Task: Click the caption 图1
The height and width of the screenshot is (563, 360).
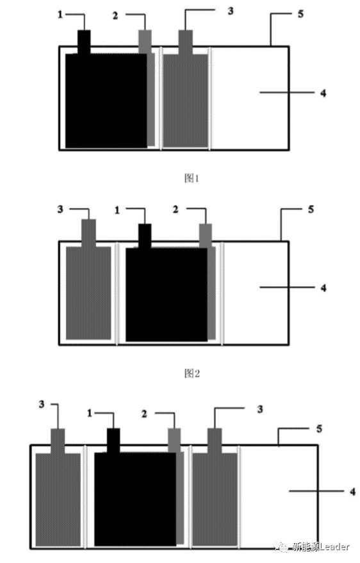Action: (192, 177)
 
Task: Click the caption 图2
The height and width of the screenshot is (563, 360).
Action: (192, 373)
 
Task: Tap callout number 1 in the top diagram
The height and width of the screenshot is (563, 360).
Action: (60, 15)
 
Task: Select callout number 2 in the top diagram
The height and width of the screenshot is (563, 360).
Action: (115, 16)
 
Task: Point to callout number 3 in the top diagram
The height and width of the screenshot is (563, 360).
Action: (231, 11)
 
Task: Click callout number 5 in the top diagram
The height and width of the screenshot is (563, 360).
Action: (300, 14)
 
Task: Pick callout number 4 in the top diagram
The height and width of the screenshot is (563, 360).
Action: (323, 93)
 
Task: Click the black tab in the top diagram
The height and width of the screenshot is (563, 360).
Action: (84, 42)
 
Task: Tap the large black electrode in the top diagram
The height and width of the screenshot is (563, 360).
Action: (106, 101)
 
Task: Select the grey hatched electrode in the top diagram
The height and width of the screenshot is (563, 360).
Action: (186, 101)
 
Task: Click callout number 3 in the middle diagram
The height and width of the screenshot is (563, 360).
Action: (60, 209)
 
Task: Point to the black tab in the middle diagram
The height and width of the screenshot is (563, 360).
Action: (145, 236)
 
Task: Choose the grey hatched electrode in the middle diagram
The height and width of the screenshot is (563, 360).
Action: (88, 293)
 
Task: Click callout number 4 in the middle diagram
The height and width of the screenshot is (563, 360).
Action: (323, 288)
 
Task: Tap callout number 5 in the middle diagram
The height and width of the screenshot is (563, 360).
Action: (311, 209)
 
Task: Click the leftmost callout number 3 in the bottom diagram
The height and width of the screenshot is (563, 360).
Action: (42, 404)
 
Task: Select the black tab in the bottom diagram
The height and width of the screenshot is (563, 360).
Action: (113, 441)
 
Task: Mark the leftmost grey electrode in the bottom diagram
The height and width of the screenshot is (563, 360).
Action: (58, 500)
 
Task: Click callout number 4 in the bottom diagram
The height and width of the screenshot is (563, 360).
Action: (352, 491)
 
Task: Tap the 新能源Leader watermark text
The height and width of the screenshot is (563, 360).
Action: (320, 547)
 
